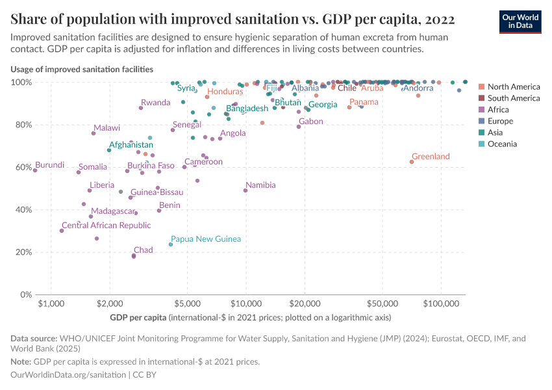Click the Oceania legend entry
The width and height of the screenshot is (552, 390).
point(502,144)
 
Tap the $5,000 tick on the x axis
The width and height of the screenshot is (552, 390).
point(187,304)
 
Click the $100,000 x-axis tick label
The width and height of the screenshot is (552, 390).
point(441,304)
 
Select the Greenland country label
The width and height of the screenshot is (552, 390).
point(431,157)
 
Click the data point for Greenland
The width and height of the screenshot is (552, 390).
point(411,162)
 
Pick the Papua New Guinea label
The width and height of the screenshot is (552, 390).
point(206,239)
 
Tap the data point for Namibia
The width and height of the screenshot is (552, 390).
point(245,190)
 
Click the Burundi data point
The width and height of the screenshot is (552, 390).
point(35,170)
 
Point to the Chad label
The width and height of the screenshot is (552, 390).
point(143,250)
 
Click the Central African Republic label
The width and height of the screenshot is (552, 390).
point(106,226)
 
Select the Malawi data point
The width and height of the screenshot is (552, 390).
point(94,133)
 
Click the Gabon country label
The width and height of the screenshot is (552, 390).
point(310,122)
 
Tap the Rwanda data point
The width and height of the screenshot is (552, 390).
point(141,108)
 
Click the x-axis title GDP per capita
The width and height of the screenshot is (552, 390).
point(138,318)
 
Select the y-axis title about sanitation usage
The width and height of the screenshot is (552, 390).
point(82,69)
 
